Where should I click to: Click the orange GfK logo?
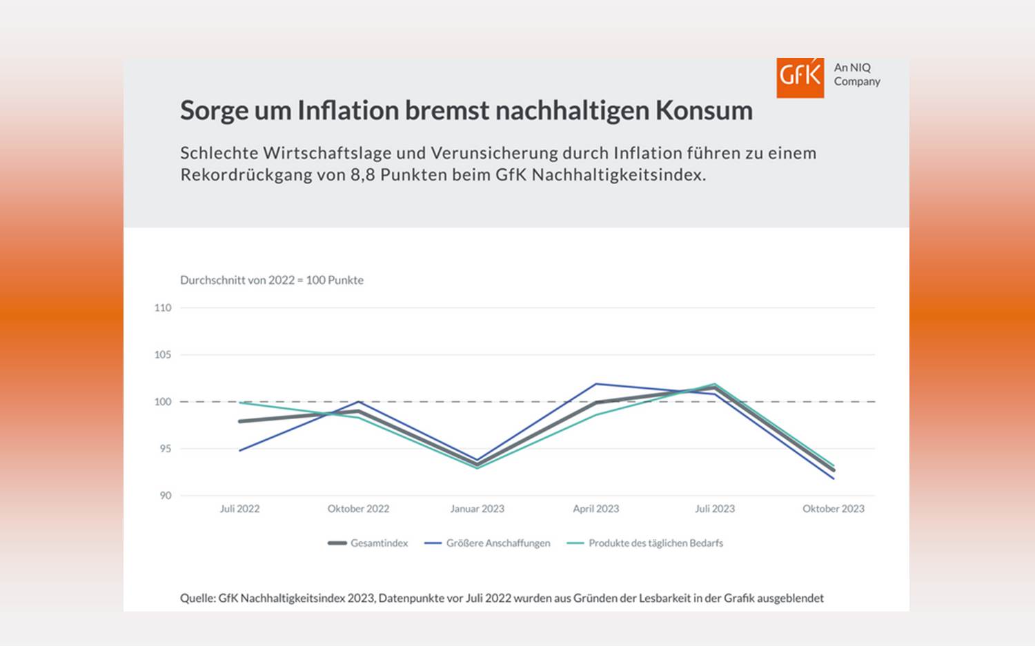click(800, 77)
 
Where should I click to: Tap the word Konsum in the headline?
click(704, 110)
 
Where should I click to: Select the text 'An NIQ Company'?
click(856, 74)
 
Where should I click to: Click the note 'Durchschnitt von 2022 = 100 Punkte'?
click(271, 280)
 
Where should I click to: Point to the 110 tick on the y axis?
click(163, 307)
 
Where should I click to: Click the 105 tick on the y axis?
click(163, 354)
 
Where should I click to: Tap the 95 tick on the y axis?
click(165, 449)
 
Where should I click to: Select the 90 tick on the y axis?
click(165, 496)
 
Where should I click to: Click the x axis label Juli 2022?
click(239, 509)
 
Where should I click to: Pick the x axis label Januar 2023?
click(477, 509)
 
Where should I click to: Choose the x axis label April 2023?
click(595, 509)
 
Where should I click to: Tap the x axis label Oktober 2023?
click(833, 509)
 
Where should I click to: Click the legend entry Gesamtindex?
click(379, 543)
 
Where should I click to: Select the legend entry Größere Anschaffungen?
click(497, 543)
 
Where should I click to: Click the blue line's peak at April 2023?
click(596, 384)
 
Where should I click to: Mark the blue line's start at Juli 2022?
click(239, 450)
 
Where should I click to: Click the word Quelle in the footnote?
click(197, 598)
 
